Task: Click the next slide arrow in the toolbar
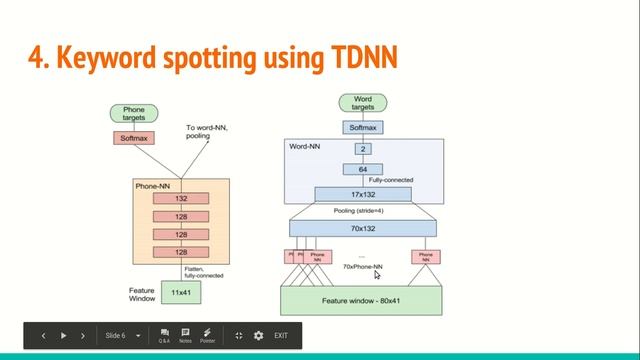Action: click(64, 335)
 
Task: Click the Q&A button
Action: click(163, 335)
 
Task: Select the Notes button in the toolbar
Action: click(185, 335)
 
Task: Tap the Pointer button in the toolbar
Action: click(207, 335)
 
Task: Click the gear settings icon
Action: click(259, 335)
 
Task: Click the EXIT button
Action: click(281, 335)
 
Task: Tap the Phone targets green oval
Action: click(133, 113)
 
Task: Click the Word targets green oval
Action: click(363, 102)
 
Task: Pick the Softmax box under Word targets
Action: click(363, 127)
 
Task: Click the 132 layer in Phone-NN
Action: click(182, 199)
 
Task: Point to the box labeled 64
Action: click(363, 170)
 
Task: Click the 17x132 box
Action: click(363, 194)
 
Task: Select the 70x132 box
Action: click(363, 229)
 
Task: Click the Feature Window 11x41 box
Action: click(181, 292)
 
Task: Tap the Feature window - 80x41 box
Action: click(363, 299)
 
